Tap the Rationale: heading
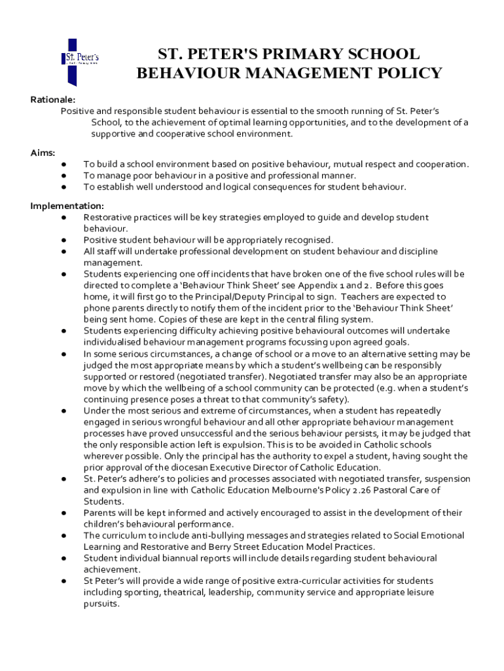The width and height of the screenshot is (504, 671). pyautogui.click(x=53, y=100)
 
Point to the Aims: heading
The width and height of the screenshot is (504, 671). pyautogui.click(x=43, y=152)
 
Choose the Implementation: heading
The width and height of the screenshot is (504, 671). pyautogui.click(x=67, y=206)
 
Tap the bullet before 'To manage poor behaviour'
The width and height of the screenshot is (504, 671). pyautogui.click(x=64, y=176)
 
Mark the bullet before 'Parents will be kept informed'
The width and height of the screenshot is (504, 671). pyautogui.click(x=64, y=512)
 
